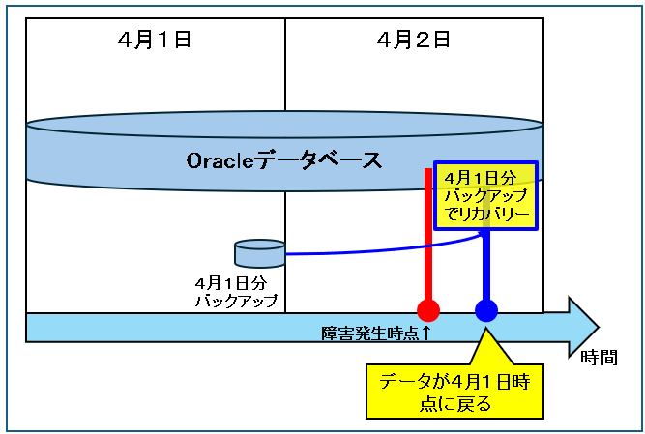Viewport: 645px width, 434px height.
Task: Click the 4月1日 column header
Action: coord(155,41)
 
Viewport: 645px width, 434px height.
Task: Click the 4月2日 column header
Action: coord(414,41)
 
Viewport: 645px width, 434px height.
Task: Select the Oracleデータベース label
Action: coord(284,160)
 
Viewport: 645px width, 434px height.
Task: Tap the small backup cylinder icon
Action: coord(259,253)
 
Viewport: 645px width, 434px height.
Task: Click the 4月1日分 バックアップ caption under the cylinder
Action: coord(236,292)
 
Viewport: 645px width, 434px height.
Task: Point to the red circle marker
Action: coord(428,310)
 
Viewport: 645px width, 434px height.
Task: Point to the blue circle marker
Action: coord(486,310)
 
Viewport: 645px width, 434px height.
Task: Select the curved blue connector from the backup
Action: coord(383,247)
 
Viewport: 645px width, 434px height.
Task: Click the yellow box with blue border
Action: coord(485,195)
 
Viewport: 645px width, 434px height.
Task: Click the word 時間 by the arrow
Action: coord(599,358)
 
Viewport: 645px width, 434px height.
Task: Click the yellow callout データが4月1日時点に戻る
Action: coord(454,391)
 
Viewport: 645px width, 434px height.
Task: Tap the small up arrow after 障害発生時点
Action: coord(425,333)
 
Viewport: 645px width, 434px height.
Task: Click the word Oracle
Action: coord(220,160)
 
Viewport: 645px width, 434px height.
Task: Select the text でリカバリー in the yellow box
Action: coord(487,214)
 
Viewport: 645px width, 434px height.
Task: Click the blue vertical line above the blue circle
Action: coord(486,265)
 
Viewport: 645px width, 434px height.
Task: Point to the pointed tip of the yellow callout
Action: coord(485,328)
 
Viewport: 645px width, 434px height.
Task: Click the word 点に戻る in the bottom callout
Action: coord(454,404)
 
